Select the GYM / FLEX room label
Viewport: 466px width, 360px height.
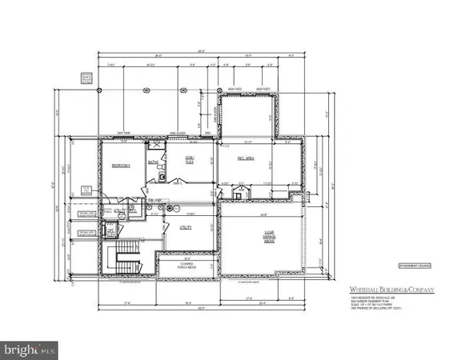191,160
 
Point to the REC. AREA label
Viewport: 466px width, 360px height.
243,158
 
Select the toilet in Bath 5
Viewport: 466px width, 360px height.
161,176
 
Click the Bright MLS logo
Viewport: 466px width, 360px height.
30,350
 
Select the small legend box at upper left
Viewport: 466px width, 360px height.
84,77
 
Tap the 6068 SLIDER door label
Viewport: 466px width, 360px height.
178,134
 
